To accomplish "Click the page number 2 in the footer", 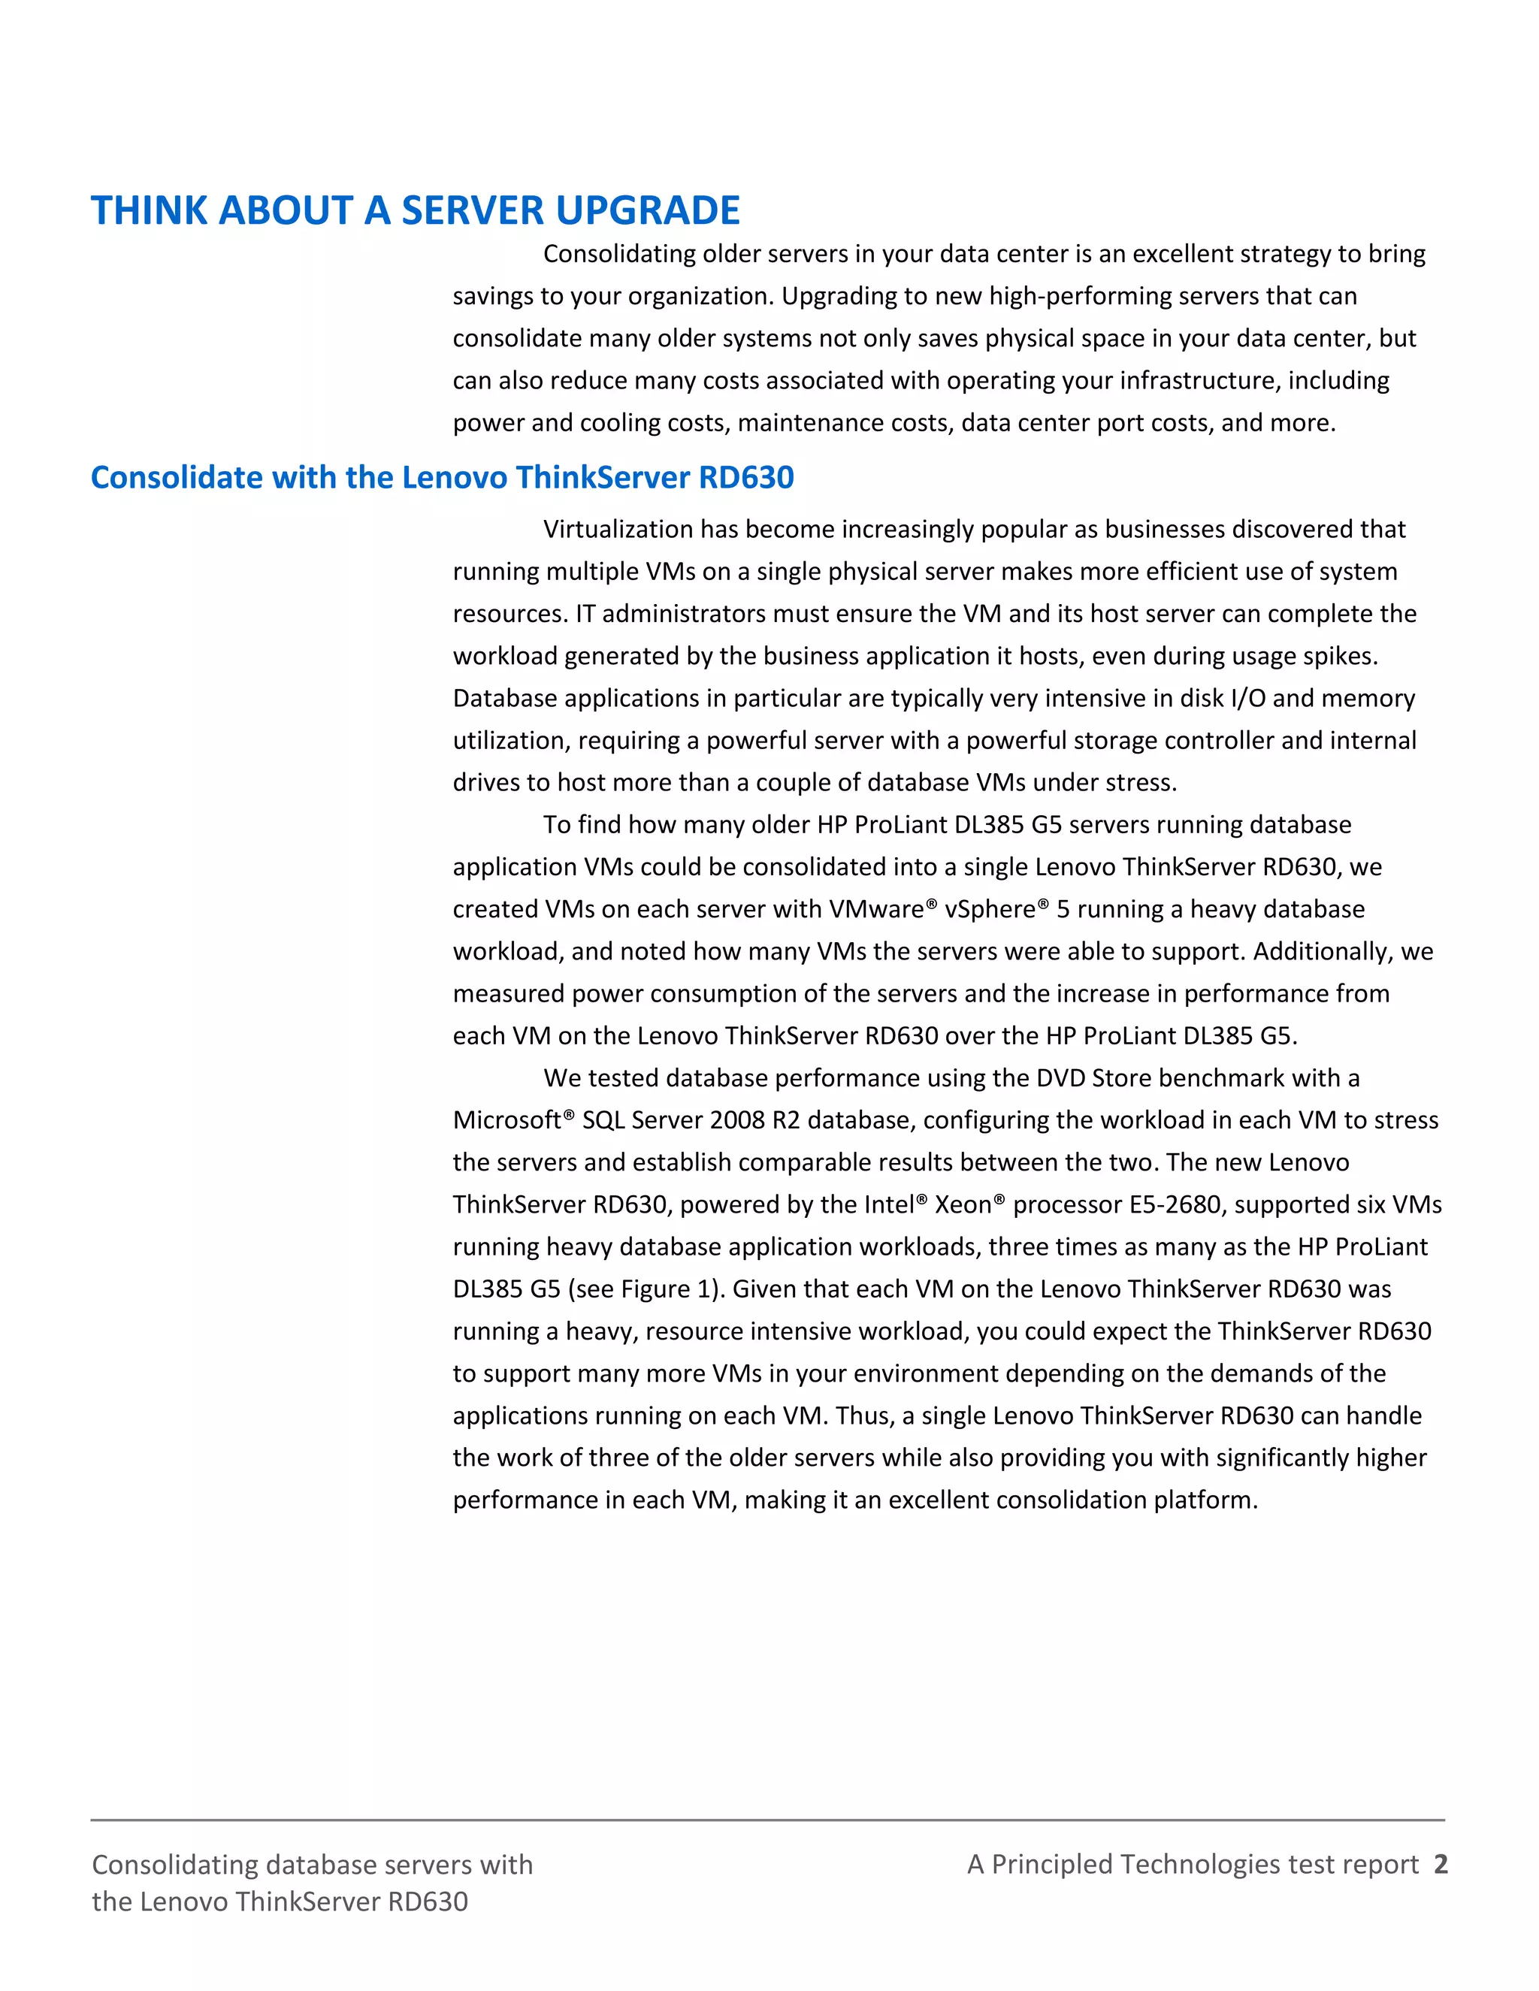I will pyautogui.click(x=1441, y=1864).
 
